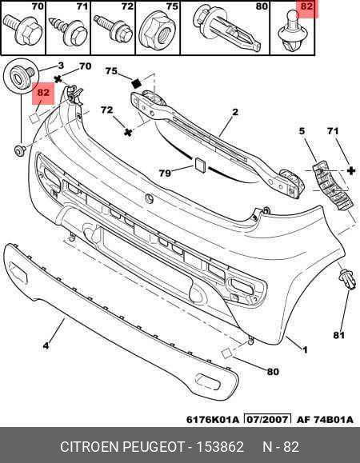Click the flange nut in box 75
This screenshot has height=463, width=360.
[x=158, y=32]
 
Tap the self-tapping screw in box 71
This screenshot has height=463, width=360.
[x=69, y=31]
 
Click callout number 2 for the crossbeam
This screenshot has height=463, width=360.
[x=235, y=112]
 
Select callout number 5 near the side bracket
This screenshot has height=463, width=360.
[x=302, y=131]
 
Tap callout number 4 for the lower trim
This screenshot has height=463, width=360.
[x=46, y=345]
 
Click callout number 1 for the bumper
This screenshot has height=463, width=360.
[x=305, y=350]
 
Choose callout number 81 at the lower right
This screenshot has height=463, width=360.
[x=338, y=335]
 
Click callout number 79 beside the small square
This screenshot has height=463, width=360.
[x=165, y=173]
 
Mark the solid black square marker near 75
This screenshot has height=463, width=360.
[x=137, y=83]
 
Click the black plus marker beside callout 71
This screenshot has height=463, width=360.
[x=351, y=170]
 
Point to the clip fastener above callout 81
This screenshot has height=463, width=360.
[x=347, y=279]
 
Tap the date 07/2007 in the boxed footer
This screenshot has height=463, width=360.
[x=267, y=419]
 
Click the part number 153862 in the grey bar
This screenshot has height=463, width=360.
[x=220, y=447]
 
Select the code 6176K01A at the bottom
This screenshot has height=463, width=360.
[x=212, y=420]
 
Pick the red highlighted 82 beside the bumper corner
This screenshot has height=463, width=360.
[x=43, y=93]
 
